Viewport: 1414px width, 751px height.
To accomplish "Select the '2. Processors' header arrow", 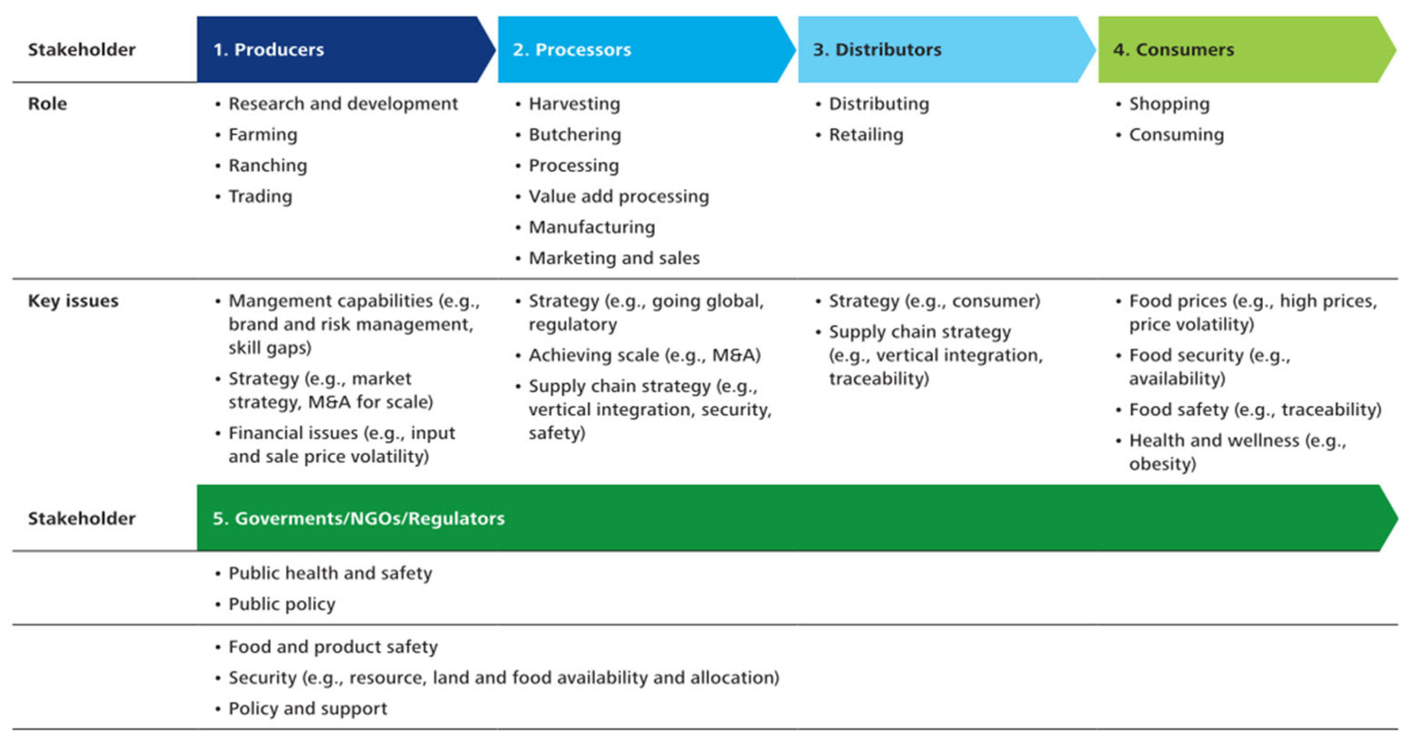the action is click(642, 50).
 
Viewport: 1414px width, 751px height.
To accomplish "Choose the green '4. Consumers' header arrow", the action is click(1241, 50).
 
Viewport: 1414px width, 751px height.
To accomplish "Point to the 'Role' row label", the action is click(47, 104).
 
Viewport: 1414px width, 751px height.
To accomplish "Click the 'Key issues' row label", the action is click(73, 301).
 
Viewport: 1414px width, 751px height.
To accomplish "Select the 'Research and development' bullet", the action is click(342, 104).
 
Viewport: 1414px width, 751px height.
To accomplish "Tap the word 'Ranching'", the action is click(267, 165).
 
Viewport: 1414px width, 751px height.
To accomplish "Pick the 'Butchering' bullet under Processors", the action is click(574, 134).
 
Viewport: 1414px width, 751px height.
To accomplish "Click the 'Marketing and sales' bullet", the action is click(614, 258).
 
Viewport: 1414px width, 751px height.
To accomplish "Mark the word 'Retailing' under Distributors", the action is click(866, 134).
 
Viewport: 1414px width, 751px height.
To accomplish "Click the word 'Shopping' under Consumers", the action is click(1168, 104).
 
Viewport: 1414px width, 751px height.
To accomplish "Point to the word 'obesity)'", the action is click(1162, 464).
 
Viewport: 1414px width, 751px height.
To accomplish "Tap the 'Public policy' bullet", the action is click(282, 604).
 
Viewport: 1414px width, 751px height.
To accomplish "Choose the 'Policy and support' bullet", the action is click(307, 708).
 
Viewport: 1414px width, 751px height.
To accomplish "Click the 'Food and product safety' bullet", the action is click(333, 647).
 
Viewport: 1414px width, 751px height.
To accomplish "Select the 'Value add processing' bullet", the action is click(618, 196).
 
